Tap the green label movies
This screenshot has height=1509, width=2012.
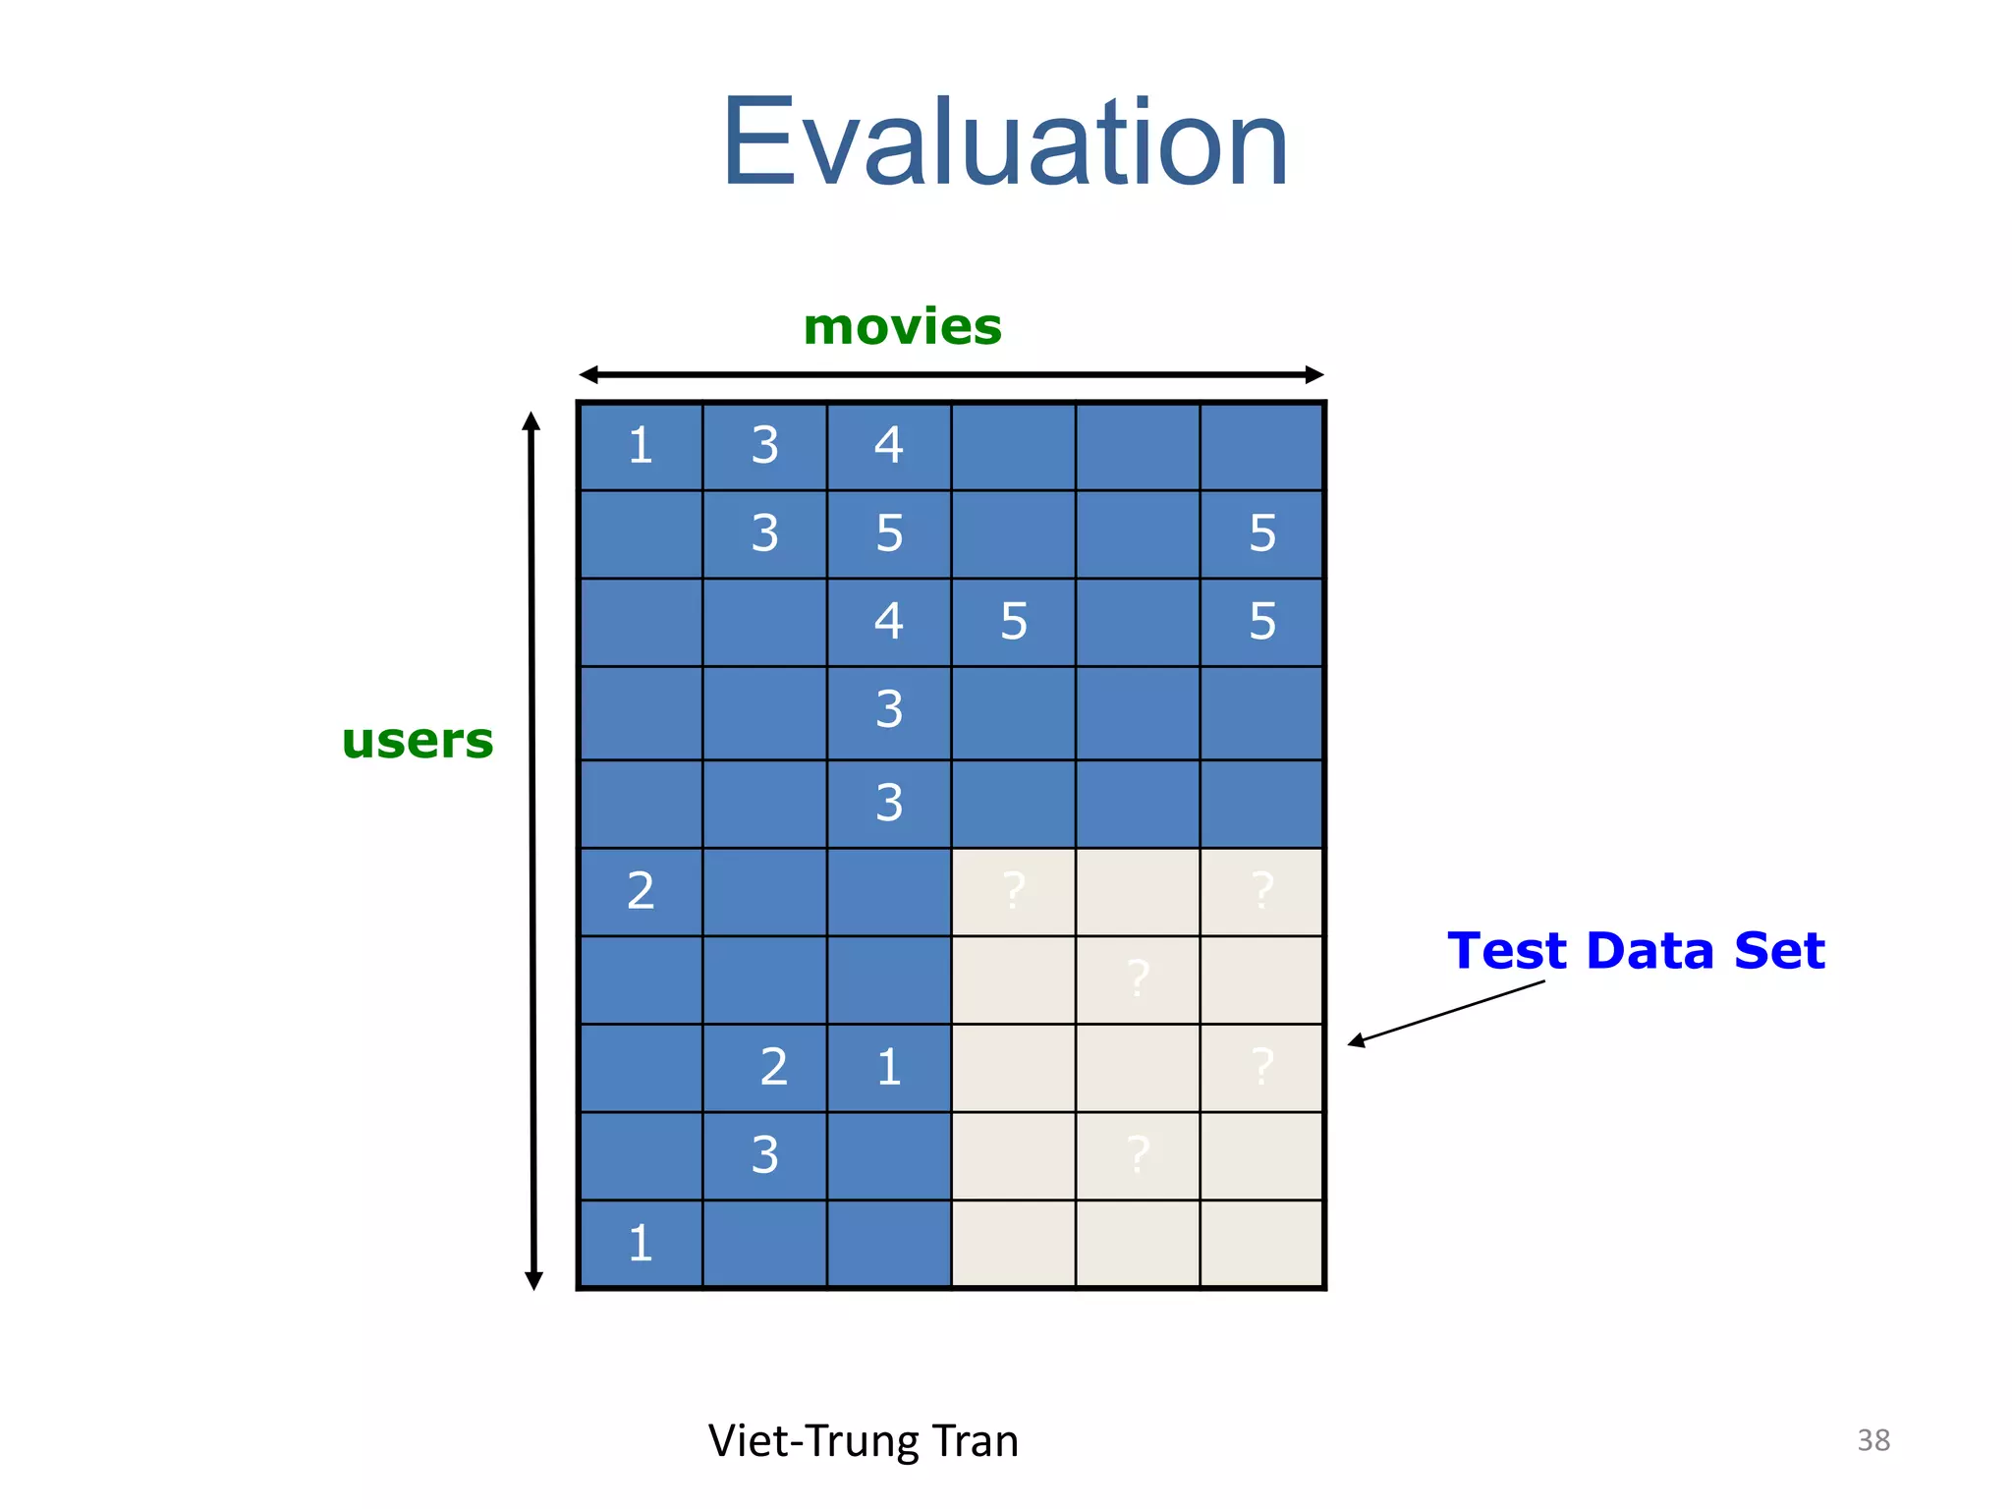[x=902, y=327]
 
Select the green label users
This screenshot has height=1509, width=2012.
[x=418, y=741]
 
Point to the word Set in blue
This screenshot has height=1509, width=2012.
[x=1779, y=951]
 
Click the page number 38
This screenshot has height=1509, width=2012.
[x=1872, y=1440]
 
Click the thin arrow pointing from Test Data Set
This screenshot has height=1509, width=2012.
[x=1444, y=1013]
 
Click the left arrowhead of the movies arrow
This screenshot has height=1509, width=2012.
[x=588, y=374]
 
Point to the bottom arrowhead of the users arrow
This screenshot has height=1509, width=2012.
[x=533, y=1280]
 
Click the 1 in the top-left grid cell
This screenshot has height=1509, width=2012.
[x=641, y=446]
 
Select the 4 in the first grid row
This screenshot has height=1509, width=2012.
[x=889, y=446]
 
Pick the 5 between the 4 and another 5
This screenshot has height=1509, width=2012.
[x=1014, y=622]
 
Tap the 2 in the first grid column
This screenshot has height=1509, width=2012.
[x=641, y=891]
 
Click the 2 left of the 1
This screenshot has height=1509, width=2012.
[x=773, y=1067]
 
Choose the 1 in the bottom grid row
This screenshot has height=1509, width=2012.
[x=641, y=1244]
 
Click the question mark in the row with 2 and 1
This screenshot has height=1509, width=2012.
[x=1262, y=1067]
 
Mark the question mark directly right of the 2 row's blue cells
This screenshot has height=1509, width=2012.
[x=1014, y=891]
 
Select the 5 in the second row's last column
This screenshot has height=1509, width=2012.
[x=1262, y=533]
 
